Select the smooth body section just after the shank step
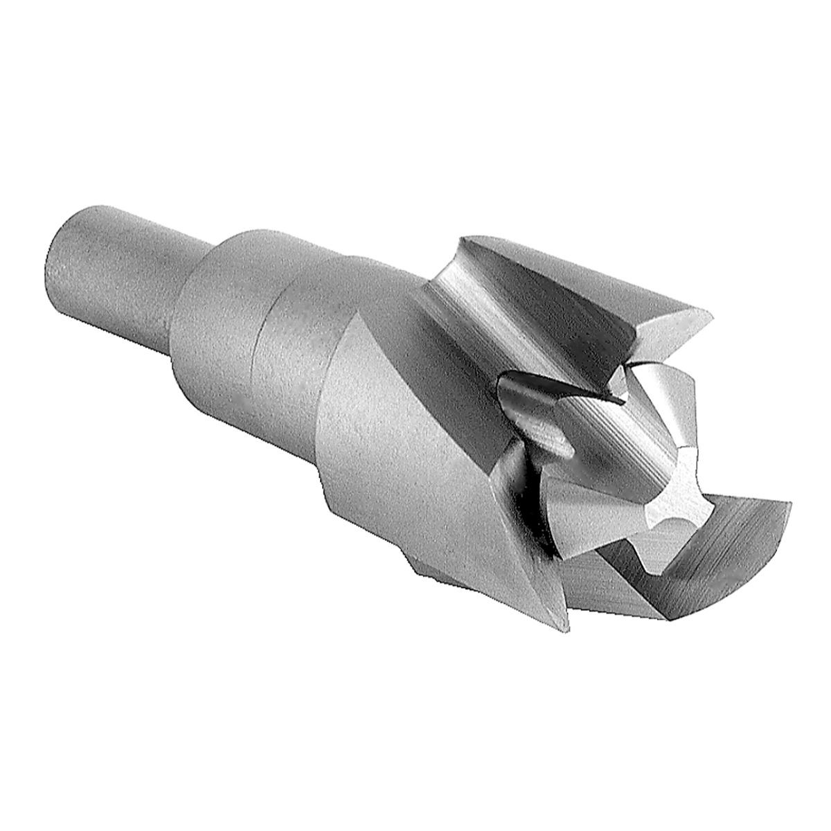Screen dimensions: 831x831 [222, 305]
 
